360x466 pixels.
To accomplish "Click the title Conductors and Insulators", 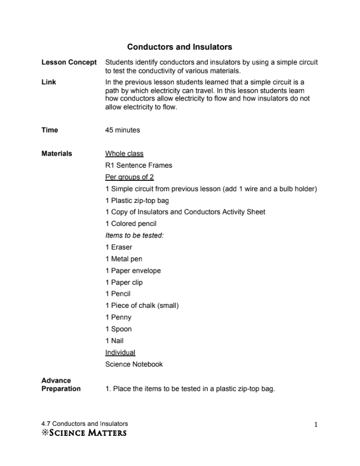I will [x=179, y=47].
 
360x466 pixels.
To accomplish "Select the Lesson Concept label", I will [x=69, y=62].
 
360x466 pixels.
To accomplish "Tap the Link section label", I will [x=49, y=81].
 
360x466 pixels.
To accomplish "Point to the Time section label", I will [x=50, y=130].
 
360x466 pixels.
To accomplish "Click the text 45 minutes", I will [x=123, y=130].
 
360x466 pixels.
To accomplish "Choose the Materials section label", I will [x=57, y=154].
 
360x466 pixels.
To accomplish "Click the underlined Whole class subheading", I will [x=124, y=154].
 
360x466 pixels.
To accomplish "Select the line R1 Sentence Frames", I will [x=139, y=165].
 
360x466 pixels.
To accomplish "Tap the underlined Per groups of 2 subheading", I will [x=130, y=177].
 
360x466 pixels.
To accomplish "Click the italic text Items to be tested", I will [x=135, y=236].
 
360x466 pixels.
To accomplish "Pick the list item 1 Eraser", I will [x=119, y=247].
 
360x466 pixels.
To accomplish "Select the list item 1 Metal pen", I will [x=124, y=259].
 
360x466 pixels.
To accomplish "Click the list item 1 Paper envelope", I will [x=133, y=271].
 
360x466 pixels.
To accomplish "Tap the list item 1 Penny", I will [x=118, y=317].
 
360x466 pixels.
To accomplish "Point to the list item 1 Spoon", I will [x=118, y=329].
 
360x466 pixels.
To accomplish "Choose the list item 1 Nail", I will [x=114, y=340].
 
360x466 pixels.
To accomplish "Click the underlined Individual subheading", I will [x=120, y=353].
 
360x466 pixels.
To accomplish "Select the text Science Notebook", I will [x=134, y=364].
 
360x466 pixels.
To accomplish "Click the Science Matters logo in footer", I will [x=84, y=432].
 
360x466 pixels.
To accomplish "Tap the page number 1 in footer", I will [x=316, y=425].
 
